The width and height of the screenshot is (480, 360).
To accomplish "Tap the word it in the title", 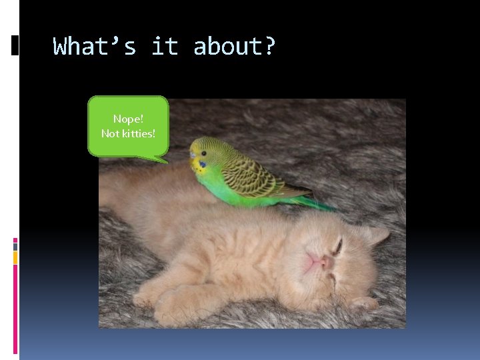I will coord(165,47).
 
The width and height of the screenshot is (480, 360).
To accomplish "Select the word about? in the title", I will coord(234,47).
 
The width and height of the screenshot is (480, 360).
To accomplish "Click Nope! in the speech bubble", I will coord(128,119).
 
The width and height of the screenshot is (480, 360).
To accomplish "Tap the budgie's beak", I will coord(193,161).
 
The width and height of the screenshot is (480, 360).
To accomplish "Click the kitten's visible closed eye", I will coord(339,247).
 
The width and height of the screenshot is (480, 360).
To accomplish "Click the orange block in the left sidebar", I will coord(15,257).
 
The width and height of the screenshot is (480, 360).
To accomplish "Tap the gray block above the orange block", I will coord(15,245).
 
